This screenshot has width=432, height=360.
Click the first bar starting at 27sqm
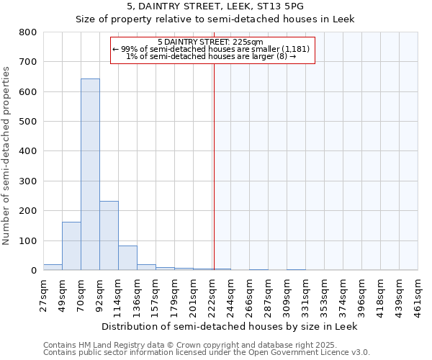(53, 267)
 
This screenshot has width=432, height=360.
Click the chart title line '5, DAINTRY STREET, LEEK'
(215, 6)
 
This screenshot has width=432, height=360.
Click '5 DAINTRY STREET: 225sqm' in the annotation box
(213, 42)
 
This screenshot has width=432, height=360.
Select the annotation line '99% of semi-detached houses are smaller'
(213, 49)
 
